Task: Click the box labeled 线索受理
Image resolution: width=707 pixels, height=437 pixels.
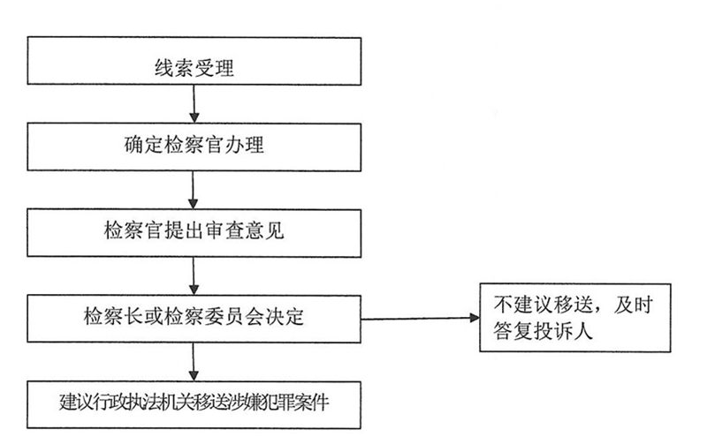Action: click(x=194, y=61)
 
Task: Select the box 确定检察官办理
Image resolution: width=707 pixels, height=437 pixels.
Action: click(x=194, y=147)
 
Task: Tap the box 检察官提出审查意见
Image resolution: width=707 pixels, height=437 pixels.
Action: click(x=194, y=233)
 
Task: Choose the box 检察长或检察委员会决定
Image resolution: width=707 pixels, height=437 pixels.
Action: click(x=194, y=319)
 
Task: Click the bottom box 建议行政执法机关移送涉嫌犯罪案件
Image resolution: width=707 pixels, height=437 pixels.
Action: click(x=194, y=405)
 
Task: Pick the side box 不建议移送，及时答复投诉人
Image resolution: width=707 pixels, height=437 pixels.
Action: click(x=575, y=318)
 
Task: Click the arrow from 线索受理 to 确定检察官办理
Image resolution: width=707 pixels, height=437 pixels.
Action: click(x=194, y=103)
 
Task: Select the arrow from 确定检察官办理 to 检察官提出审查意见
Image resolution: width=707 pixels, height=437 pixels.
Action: click(x=193, y=190)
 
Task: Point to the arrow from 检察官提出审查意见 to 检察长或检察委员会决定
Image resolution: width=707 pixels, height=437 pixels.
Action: click(x=194, y=276)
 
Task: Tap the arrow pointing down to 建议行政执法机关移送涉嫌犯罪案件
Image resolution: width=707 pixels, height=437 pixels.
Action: click(x=194, y=362)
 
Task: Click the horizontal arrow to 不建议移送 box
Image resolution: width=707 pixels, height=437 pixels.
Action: click(x=421, y=318)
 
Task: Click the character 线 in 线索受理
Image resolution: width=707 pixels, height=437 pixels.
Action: click(x=164, y=69)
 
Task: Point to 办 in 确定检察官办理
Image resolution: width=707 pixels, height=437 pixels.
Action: click(x=234, y=145)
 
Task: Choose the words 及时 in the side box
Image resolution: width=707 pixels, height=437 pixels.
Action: click(x=633, y=305)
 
